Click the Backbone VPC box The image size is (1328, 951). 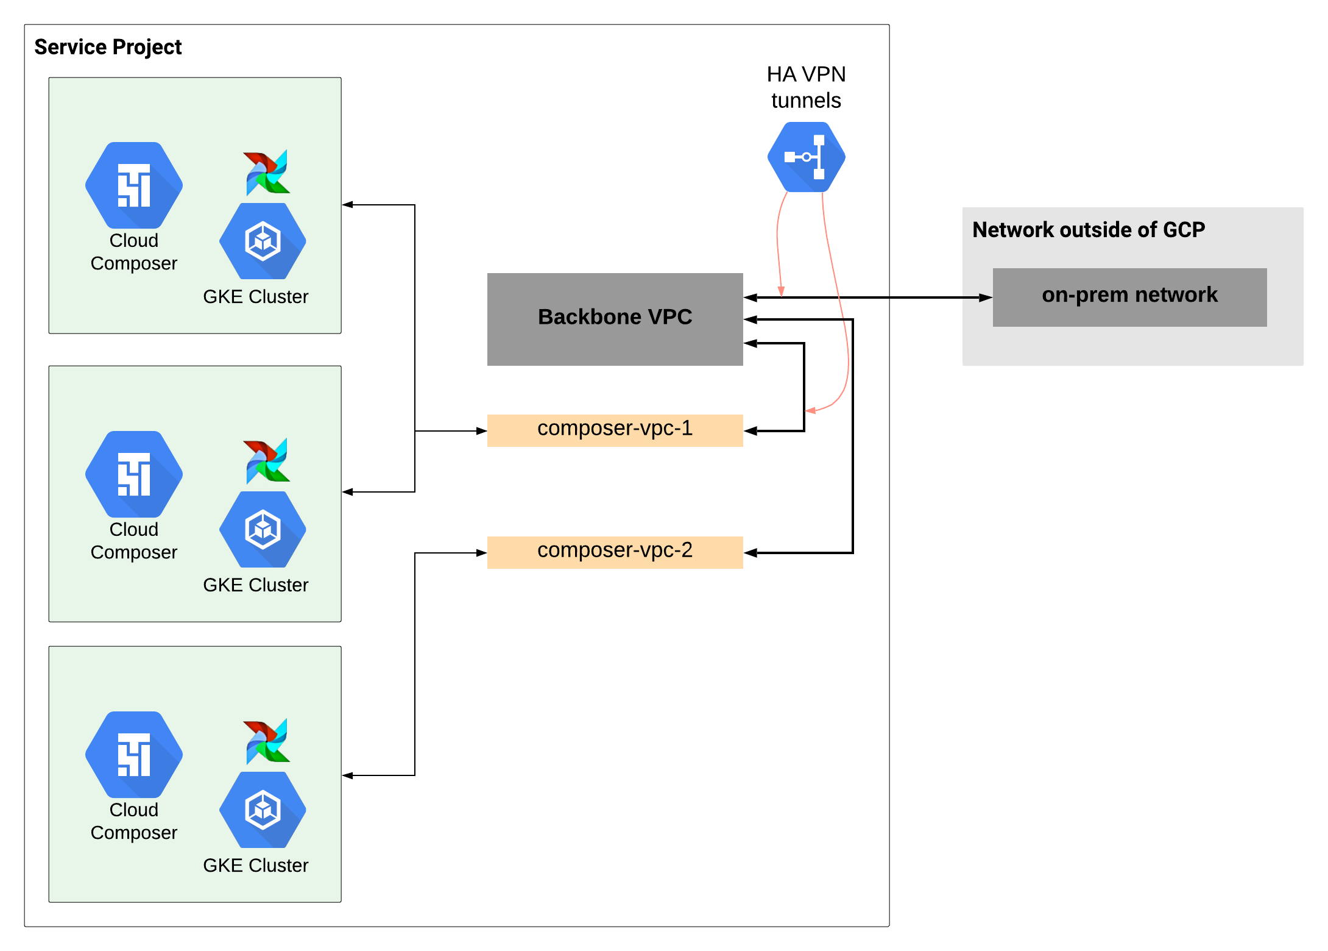point(615,319)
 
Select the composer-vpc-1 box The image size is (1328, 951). point(615,430)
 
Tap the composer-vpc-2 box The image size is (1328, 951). point(615,552)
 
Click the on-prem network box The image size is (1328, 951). point(1129,297)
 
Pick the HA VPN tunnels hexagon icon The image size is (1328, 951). point(806,157)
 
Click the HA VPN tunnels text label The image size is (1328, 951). point(806,87)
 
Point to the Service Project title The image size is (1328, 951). point(108,47)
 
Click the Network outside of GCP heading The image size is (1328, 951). point(1088,230)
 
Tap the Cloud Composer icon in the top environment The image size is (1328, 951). point(134,185)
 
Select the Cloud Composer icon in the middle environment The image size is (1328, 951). point(134,474)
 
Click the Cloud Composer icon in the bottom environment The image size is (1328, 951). point(134,755)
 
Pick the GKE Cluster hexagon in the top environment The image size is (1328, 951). point(263,241)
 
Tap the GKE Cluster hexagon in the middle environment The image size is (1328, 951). point(263,529)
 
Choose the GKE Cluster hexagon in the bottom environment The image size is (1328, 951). point(263,810)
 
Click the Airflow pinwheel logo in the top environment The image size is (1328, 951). point(267,173)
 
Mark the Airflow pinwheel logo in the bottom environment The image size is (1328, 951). point(267,741)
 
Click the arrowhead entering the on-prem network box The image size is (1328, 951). point(986,297)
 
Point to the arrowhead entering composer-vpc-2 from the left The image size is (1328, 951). point(481,553)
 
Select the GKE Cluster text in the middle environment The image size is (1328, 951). point(255,585)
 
